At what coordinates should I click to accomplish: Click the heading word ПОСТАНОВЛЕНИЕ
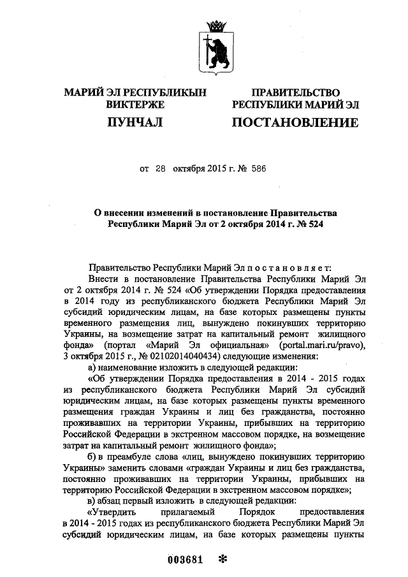point(295,122)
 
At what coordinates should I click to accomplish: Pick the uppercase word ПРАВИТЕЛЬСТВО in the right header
point(295,92)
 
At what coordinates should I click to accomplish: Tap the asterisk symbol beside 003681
point(223,559)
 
